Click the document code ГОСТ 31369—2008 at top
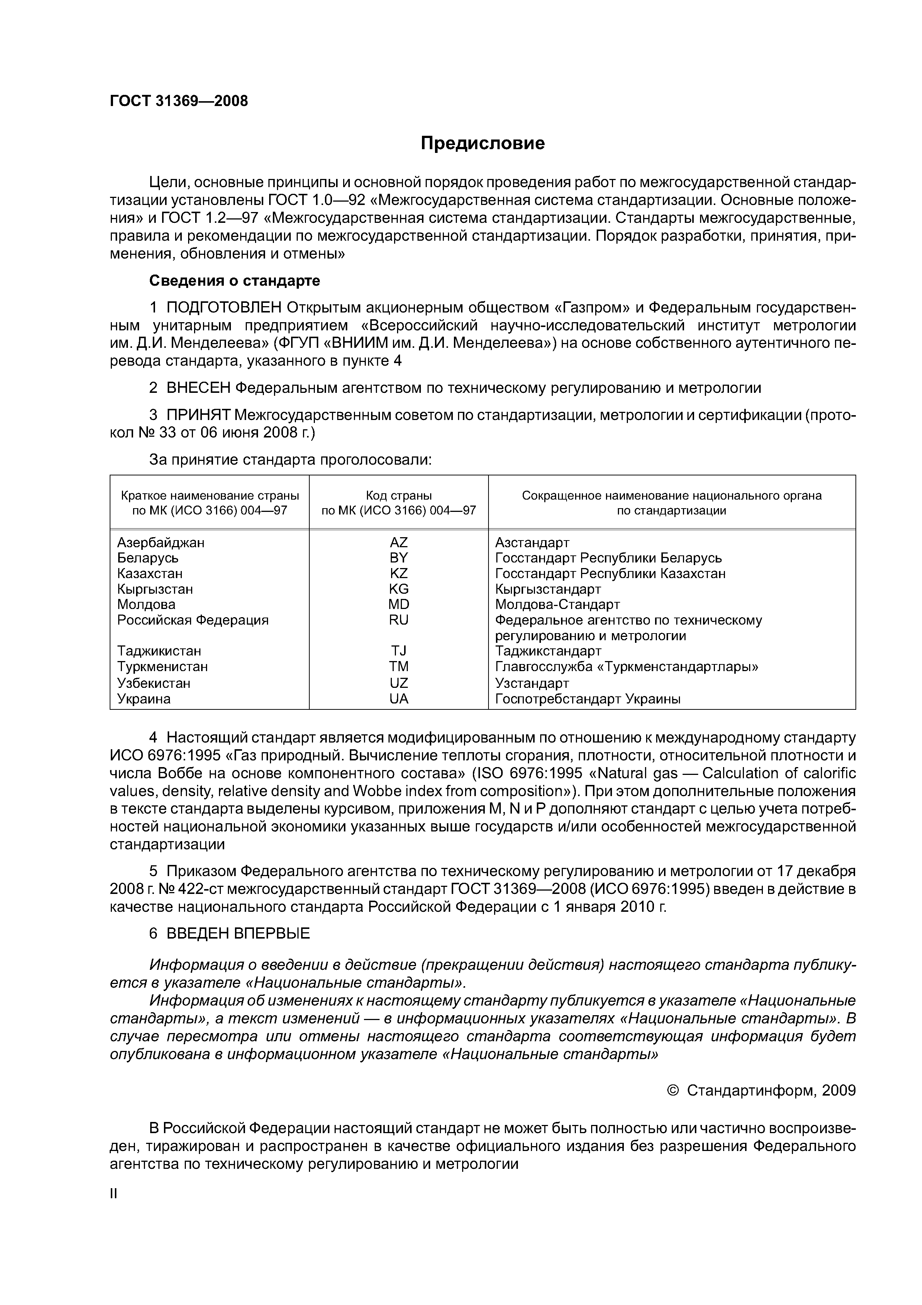pyautogui.click(x=179, y=101)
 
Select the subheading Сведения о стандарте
pyautogui.click(x=234, y=281)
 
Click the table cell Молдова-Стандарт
pyautogui.click(x=557, y=604)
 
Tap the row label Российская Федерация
pyautogui.click(x=193, y=619)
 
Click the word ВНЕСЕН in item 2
pyautogui.click(x=198, y=388)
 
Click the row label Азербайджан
pyautogui.click(x=161, y=542)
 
